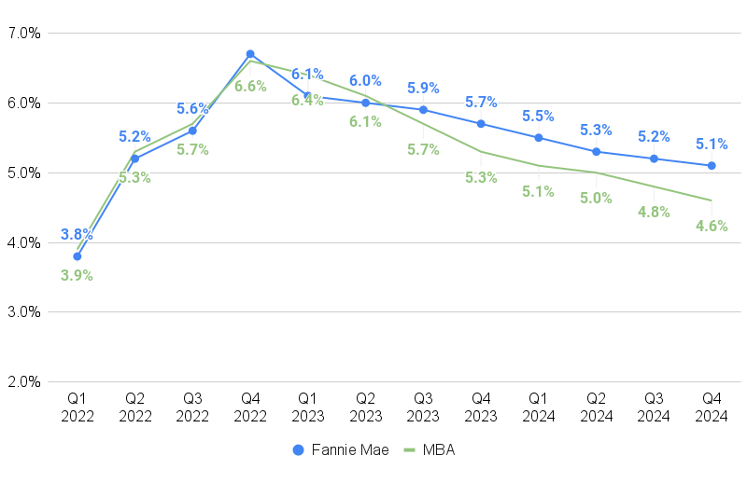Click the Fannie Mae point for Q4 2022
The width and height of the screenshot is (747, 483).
click(250, 54)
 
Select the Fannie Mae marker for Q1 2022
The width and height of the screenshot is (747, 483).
click(78, 256)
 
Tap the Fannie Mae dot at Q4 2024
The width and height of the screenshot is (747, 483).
click(712, 166)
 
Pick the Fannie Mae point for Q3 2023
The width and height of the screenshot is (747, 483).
click(423, 110)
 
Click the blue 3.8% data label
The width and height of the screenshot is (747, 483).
click(77, 235)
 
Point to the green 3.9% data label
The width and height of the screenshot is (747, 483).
click(77, 275)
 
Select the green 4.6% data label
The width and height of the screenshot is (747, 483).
click(712, 226)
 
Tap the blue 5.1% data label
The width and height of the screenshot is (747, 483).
click(712, 144)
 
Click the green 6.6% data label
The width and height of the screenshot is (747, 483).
click(250, 86)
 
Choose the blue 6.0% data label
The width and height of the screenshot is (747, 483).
click(365, 81)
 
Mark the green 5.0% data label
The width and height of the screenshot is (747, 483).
click(596, 198)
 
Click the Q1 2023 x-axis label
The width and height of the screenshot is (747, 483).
click(308, 408)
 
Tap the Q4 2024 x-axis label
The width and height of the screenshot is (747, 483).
click(712, 408)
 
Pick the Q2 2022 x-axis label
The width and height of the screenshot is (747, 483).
click(135, 408)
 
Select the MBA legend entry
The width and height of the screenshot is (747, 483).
click(428, 449)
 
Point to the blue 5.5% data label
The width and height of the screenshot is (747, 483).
click(539, 117)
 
